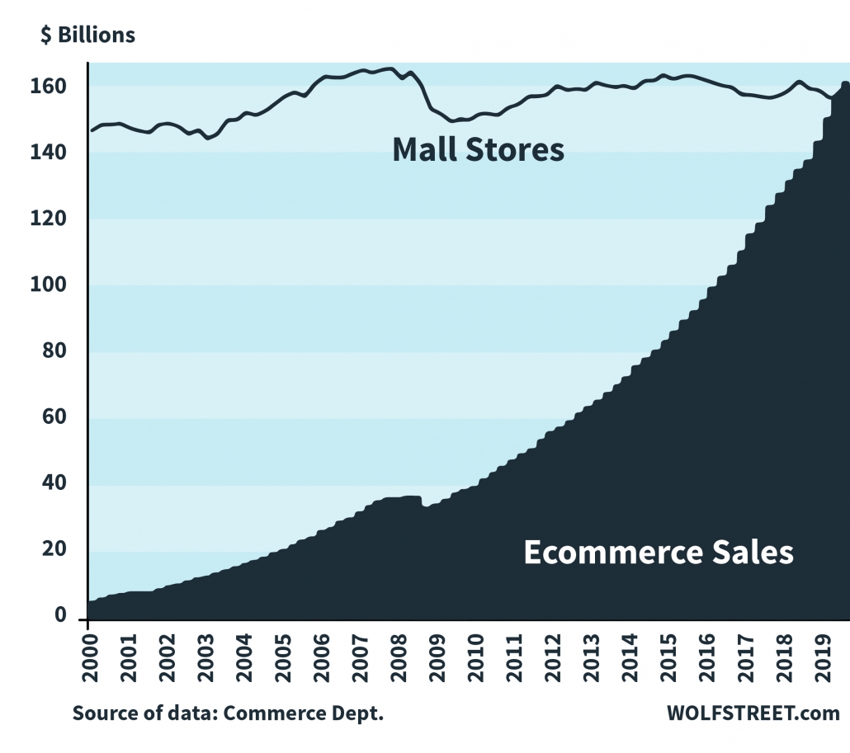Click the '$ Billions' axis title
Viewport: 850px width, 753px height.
pyautogui.click(x=87, y=35)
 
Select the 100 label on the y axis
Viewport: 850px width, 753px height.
pyautogui.click(x=63, y=286)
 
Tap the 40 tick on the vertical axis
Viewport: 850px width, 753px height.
pyautogui.click(x=66, y=485)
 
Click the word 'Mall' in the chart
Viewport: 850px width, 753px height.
pyautogui.click(x=427, y=150)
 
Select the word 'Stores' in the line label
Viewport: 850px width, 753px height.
pyautogui.click(x=516, y=150)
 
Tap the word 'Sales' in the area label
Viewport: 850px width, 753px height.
pyautogui.click(x=754, y=552)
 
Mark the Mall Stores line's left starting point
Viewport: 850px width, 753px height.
pyautogui.click(x=91, y=130)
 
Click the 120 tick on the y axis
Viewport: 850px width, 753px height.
pyautogui.click(x=63, y=219)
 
